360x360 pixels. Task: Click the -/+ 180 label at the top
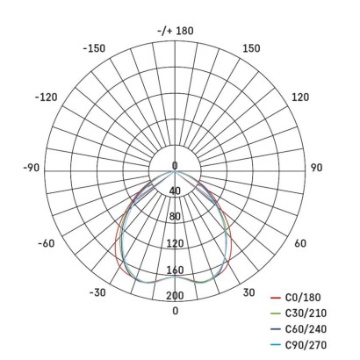click(175, 32)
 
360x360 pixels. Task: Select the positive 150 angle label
click(251, 48)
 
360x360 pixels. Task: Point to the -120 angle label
click(46, 97)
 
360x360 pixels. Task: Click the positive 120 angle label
click(300, 97)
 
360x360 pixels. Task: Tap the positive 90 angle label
click(316, 167)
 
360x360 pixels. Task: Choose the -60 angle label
click(47, 243)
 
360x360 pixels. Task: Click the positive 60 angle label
click(300, 243)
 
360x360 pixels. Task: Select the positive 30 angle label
click(249, 292)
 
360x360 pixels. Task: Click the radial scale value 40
click(175, 191)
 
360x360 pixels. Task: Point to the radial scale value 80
click(175, 217)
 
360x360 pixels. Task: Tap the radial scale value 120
click(175, 243)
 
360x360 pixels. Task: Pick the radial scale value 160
click(175, 270)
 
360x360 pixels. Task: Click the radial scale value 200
click(175, 296)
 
